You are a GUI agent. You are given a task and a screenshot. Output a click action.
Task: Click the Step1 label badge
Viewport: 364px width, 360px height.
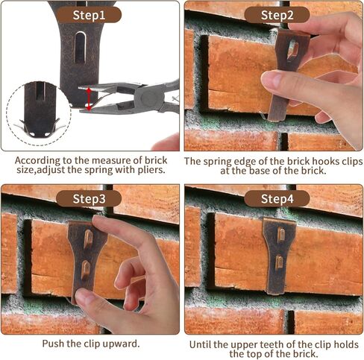click(89, 15)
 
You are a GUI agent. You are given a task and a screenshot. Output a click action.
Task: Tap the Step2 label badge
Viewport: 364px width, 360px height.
click(277, 15)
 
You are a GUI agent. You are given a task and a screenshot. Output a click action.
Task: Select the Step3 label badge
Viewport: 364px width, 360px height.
click(89, 199)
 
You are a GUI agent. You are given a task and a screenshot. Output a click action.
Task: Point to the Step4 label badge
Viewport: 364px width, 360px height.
click(277, 199)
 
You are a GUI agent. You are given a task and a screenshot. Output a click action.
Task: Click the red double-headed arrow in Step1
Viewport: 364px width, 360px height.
click(89, 98)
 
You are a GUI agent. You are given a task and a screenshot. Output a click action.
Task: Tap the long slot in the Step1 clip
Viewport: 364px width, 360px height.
click(80, 48)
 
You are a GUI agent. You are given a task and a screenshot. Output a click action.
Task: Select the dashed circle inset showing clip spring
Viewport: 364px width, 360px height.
click(39, 113)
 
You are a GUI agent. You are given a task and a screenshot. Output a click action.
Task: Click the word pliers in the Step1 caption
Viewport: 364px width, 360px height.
click(151, 170)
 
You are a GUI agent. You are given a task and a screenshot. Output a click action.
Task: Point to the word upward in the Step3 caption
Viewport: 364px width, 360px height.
click(121, 344)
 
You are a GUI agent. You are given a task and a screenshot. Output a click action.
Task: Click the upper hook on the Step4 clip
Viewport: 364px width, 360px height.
click(280, 235)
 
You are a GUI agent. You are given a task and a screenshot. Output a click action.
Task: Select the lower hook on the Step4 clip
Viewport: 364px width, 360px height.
click(279, 262)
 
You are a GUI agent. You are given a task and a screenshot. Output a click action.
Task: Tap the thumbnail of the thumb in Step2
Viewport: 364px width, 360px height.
click(271, 79)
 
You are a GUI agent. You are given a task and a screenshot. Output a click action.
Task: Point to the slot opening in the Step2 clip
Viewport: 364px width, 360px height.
click(293, 49)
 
